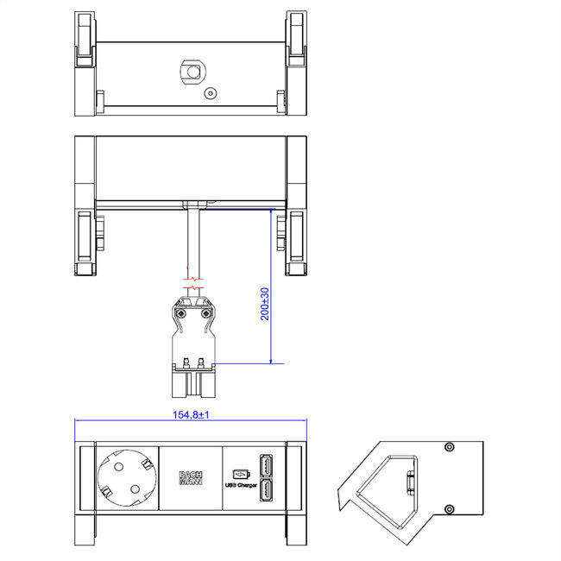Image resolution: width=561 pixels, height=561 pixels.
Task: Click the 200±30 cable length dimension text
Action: (x=266, y=304)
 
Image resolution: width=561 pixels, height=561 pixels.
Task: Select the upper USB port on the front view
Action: (x=266, y=466)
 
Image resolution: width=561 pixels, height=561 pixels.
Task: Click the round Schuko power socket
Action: (x=127, y=478)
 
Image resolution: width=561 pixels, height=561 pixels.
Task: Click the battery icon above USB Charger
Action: (x=241, y=473)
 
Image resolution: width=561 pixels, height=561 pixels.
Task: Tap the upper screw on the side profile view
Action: (x=448, y=447)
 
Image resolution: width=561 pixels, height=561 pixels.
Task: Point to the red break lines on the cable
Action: (x=195, y=280)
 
